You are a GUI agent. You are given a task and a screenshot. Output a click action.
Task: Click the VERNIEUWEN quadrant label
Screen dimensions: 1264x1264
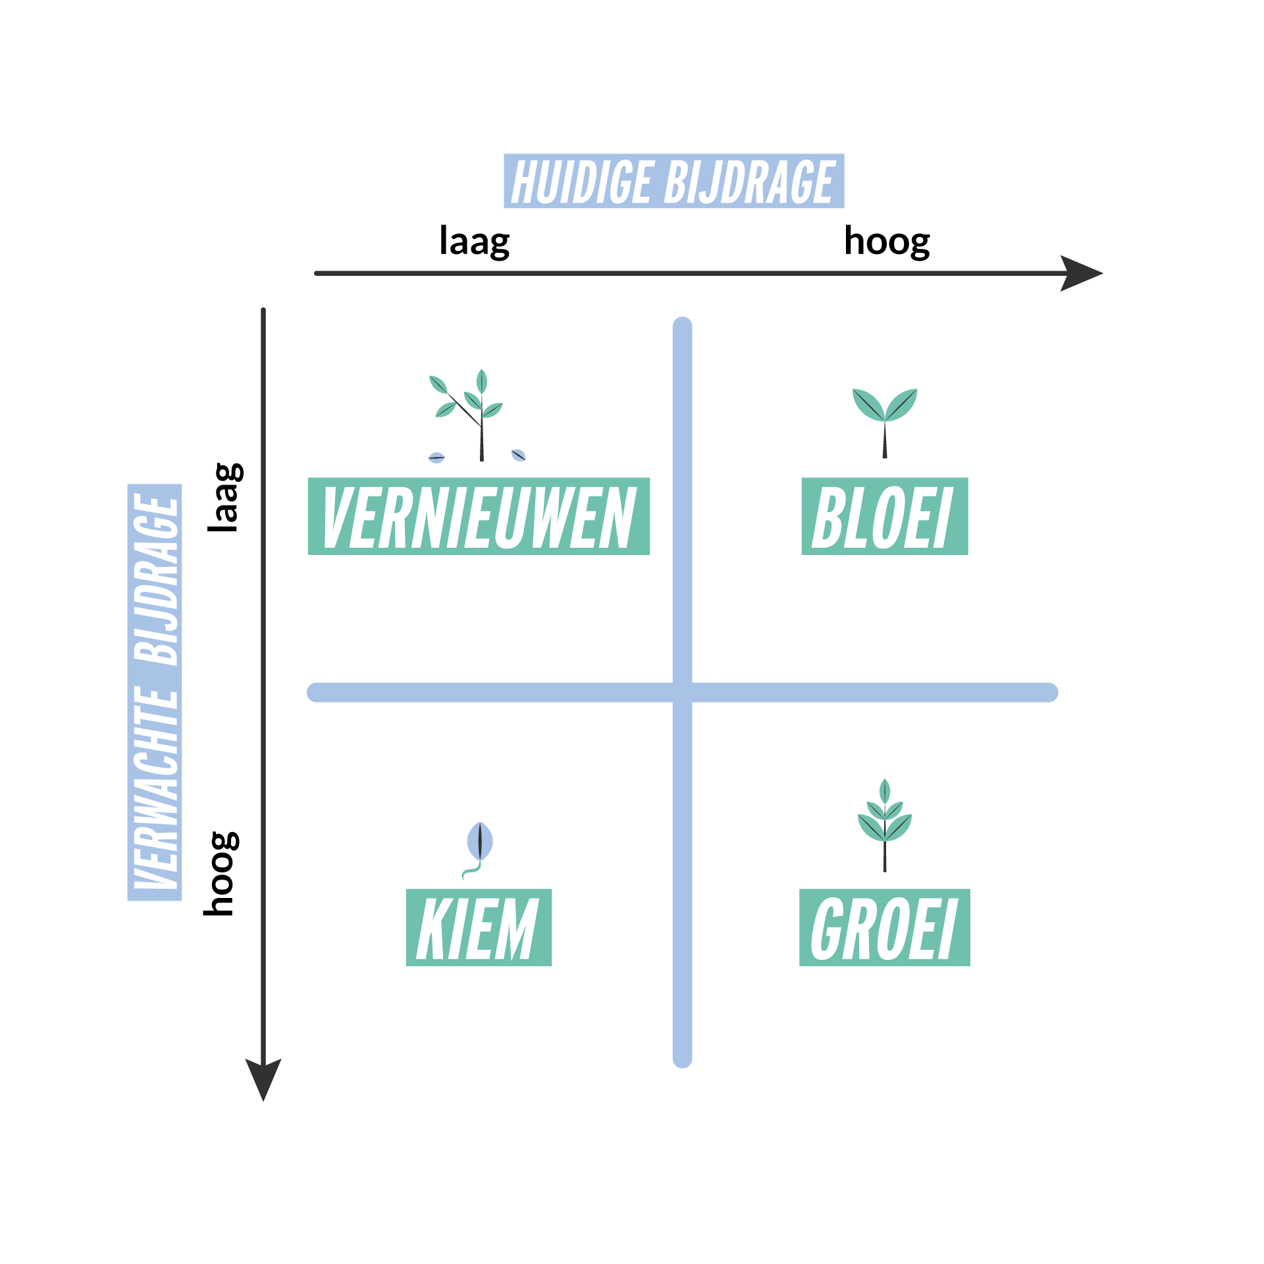tap(479, 516)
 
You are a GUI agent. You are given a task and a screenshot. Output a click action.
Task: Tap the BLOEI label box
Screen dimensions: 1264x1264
tap(884, 516)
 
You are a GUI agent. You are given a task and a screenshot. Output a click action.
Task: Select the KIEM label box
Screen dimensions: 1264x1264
tap(479, 928)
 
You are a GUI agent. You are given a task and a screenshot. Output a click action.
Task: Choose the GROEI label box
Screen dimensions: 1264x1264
tap(884, 928)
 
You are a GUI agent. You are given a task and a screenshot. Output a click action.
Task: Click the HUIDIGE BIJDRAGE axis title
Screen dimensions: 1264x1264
tap(673, 181)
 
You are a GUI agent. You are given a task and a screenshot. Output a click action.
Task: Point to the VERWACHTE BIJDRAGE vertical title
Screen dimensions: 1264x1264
tap(155, 692)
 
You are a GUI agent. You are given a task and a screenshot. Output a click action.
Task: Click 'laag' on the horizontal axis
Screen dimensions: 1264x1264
tap(474, 242)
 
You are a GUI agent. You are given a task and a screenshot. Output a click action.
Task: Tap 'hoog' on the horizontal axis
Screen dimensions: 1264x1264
tap(887, 242)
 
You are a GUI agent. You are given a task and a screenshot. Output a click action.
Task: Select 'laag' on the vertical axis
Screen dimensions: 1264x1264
tap(225, 497)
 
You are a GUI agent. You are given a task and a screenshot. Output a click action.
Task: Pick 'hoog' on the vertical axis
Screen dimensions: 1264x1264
tap(221, 874)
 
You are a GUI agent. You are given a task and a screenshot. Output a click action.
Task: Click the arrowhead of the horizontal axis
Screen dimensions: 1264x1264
tap(1082, 273)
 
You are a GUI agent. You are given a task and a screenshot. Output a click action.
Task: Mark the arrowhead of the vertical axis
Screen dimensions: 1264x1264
tap(263, 1080)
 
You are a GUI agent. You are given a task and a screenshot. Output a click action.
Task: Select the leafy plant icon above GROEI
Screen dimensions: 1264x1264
tap(885, 825)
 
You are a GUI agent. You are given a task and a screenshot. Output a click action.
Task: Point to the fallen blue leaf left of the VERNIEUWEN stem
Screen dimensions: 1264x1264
tap(436, 458)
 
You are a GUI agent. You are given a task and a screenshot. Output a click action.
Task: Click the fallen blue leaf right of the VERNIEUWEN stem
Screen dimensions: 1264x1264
tap(519, 455)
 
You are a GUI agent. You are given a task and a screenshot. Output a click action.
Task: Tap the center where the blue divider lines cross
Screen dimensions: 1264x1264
tap(683, 693)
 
